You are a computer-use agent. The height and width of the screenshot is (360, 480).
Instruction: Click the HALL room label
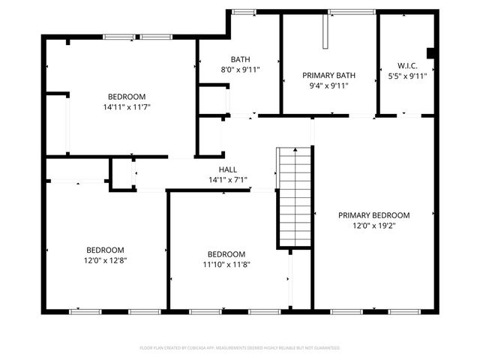pos(228,169)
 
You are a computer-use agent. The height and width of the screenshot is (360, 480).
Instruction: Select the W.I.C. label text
pos(407,65)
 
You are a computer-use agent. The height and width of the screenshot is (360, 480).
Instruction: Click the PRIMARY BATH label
pos(328,76)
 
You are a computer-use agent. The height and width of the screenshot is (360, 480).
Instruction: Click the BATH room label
pos(240,59)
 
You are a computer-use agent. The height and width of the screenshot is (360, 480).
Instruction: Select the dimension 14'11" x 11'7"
pos(127,107)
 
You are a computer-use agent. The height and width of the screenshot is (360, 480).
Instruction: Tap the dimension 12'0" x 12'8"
pos(105,260)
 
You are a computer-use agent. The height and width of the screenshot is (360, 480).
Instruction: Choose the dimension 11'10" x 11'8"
pos(226,264)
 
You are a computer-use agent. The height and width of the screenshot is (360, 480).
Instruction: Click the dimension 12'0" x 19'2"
pos(373,225)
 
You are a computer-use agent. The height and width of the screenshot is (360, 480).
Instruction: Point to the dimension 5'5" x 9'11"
pos(407,76)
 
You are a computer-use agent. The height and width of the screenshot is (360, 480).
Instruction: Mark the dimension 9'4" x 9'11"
pos(328,85)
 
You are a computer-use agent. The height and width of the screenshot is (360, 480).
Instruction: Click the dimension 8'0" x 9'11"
pos(240,70)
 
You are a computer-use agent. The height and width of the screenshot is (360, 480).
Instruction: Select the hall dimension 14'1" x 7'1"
pos(228,180)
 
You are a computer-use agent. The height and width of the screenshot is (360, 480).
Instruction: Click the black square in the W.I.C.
pos(430,52)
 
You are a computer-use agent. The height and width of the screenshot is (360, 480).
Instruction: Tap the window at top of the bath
pos(242,11)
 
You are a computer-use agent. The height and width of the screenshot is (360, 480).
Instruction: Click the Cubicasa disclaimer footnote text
pos(240,348)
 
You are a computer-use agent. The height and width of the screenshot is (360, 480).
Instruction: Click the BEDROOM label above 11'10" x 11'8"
pos(226,253)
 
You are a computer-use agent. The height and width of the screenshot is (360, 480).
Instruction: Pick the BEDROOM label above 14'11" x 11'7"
pos(127,97)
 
